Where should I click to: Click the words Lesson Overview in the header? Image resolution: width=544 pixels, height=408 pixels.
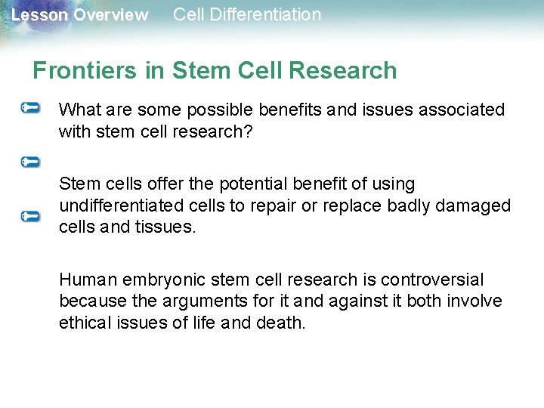[x=79, y=15]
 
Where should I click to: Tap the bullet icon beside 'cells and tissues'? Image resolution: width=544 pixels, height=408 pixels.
[x=30, y=216]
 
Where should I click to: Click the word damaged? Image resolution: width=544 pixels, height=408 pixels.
[x=476, y=206]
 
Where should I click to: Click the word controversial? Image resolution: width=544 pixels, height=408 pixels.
[x=432, y=280]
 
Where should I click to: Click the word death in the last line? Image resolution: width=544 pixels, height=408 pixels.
[x=281, y=322]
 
